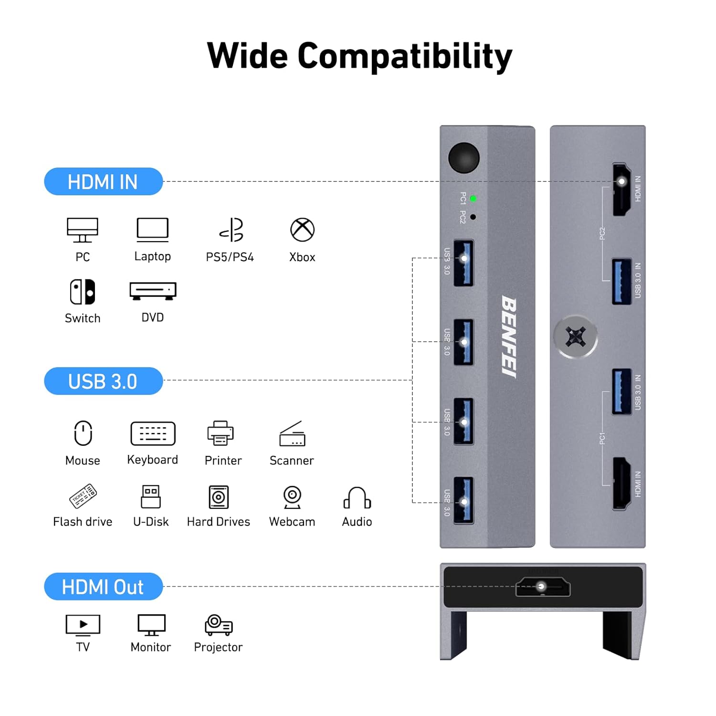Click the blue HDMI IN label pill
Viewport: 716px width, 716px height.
(x=103, y=181)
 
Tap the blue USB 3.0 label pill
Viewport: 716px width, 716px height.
(x=103, y=381)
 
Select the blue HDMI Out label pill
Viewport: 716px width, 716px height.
(x=103, y=587)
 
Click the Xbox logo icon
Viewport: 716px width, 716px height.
(x=302, y=230)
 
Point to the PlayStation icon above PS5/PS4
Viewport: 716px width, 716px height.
(x=232, y=230)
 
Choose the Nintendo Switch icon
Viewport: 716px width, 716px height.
(x=83, y=292)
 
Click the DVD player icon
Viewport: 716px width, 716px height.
(x=153, y=291)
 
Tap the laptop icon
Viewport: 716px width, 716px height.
(x=152, y=230)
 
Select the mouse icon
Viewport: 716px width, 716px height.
(x=83, y=433)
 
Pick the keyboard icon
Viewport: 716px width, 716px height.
(x=153, y=433)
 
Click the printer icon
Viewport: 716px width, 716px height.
(x=221, y=433)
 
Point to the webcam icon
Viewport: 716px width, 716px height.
(x=292, y=497)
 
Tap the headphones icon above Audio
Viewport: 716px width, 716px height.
(x=357, y=498)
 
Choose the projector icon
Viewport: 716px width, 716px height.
(x=219, y=625)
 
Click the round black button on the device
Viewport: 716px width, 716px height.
(x=463, y=158)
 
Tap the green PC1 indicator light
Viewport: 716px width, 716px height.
(x=473, y=199)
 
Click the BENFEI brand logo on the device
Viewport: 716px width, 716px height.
(x=509, y=337)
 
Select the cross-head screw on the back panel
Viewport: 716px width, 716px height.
(x=576, y=337)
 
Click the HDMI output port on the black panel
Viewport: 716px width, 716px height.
(x=543, y=587)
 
